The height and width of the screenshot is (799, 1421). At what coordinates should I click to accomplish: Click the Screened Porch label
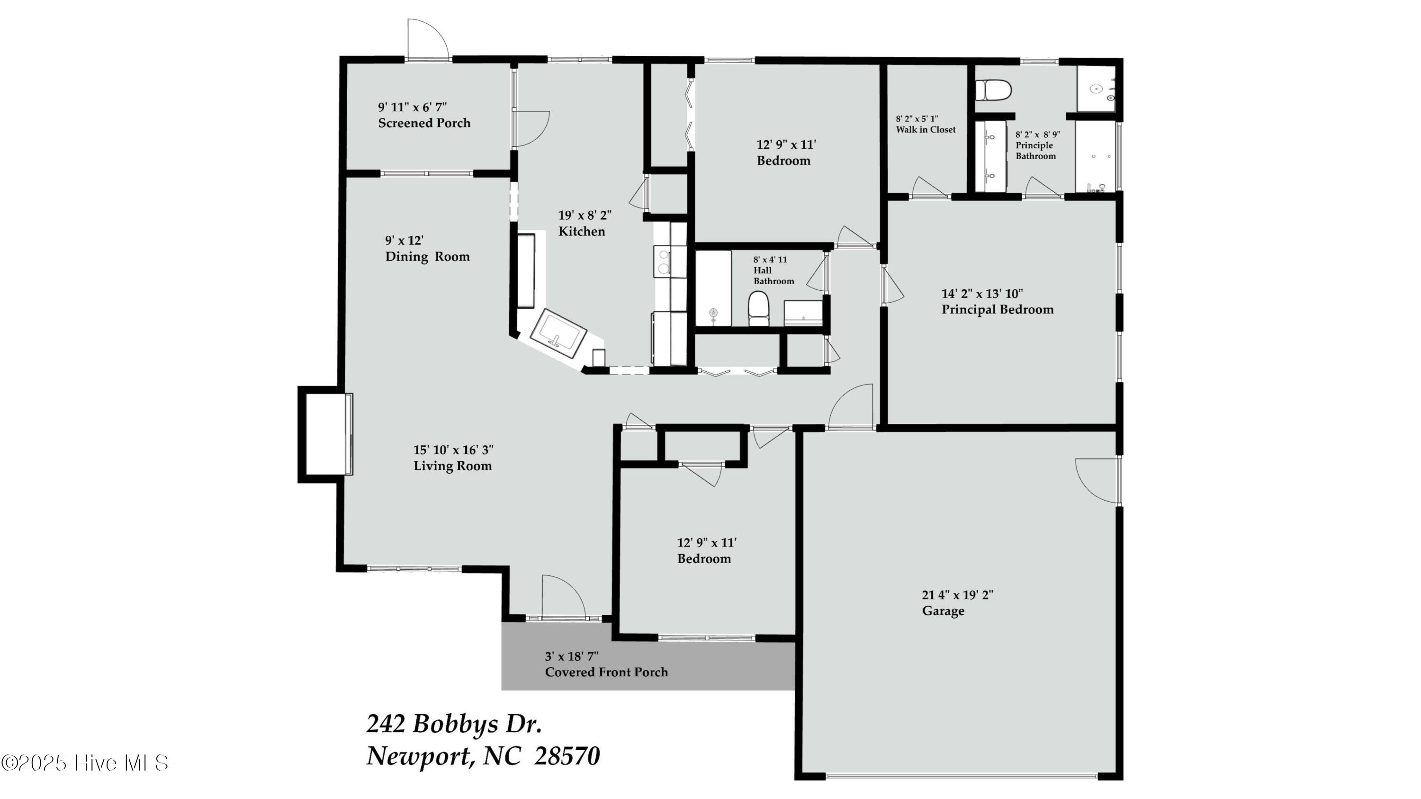coord(424,123)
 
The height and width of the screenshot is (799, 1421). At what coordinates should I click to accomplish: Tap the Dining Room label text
coord(428,256)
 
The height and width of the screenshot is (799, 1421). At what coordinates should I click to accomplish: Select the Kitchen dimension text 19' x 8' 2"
coord(585,215)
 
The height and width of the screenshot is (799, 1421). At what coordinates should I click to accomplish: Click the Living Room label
coord(453,466)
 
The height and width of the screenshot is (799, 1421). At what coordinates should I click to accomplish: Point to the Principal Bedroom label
coord(998,309)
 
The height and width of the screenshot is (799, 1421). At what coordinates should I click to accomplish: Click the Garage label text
coord(943,611)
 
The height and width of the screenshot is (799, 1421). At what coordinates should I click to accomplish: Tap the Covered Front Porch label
coord(606,672)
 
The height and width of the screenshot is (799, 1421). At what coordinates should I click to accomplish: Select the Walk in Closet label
coord(926,130)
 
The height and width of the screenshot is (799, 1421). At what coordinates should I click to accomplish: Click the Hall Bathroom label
coord(773,276)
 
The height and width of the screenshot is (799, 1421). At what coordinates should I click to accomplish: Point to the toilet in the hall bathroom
coord(758,309)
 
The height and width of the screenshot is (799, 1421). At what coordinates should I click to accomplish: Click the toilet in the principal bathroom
coord(993,90)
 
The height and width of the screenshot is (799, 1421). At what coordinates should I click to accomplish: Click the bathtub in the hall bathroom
coord(713,289)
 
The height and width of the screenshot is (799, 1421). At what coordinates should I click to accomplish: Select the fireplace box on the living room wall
coord(325,434)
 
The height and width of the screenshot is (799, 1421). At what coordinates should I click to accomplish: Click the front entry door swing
coord(563,597)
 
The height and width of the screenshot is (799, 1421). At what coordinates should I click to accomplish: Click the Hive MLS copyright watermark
coord(85,763)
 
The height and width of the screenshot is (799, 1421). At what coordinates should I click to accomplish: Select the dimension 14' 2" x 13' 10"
coord(982,293)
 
